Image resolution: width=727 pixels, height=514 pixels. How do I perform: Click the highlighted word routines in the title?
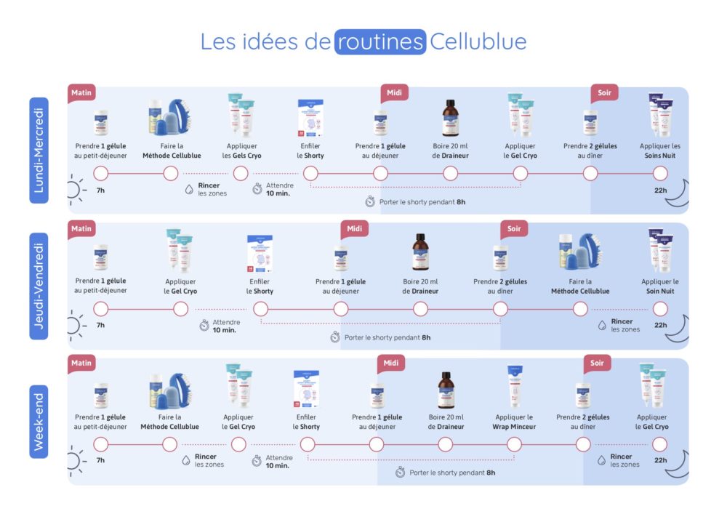pyautogui.click(x=380, y=41)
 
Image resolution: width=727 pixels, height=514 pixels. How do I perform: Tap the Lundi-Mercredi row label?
pyautogui.click(x=39, y=150)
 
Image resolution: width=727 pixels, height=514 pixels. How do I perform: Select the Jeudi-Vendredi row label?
pyautogui.click(x=39, y=286)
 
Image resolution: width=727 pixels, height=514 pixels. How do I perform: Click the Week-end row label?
pyautogui.click(x=39, y=421)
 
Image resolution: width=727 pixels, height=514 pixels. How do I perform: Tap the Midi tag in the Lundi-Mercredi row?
pyautogui.click(x=394, y=93)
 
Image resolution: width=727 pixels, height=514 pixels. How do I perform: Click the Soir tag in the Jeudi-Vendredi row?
pyautogui.click(x=514, y=228)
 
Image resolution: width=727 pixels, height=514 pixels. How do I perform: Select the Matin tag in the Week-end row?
pyautogui.click(x=81, y=363)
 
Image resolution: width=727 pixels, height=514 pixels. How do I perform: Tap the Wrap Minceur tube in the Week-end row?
pyautogui.click(x=514, y=386)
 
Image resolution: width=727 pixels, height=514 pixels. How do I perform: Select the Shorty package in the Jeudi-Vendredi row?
pyautogui.click(x=260, y=254)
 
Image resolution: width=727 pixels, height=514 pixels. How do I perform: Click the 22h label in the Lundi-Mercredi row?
pyautogui.click(x=660, y=190)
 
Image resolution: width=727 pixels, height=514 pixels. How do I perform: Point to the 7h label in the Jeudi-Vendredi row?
pyautogui.click(x=100, y=325)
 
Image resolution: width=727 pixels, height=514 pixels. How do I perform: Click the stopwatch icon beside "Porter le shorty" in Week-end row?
pyautogui.click(x=400, y=473)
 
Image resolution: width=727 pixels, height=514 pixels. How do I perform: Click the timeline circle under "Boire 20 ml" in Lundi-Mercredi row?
pyautogui.click(x=450, y=173)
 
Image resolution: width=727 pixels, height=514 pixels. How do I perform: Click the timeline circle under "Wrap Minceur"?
pyautogui.click(x=514, y=444)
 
